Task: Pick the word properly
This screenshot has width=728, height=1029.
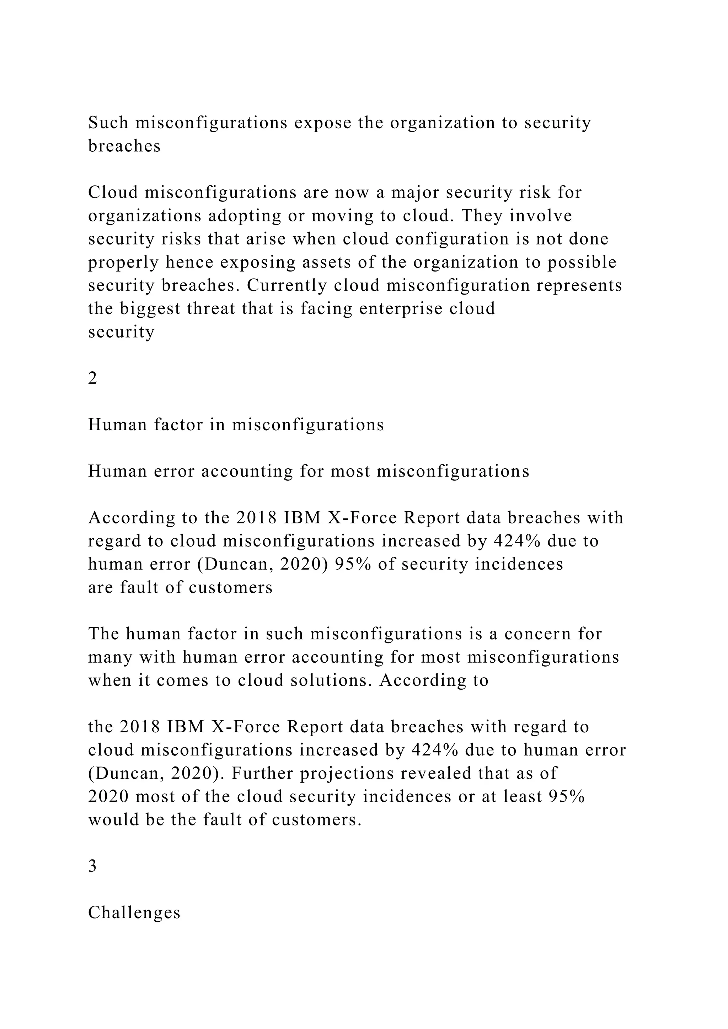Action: tap(123, 262)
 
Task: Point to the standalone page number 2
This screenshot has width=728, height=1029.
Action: tap(93, 379)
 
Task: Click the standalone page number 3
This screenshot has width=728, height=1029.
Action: tap(93, 866)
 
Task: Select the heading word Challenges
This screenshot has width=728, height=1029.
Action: tap(134, 913)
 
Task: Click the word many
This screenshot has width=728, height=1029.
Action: tap(110, 657)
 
